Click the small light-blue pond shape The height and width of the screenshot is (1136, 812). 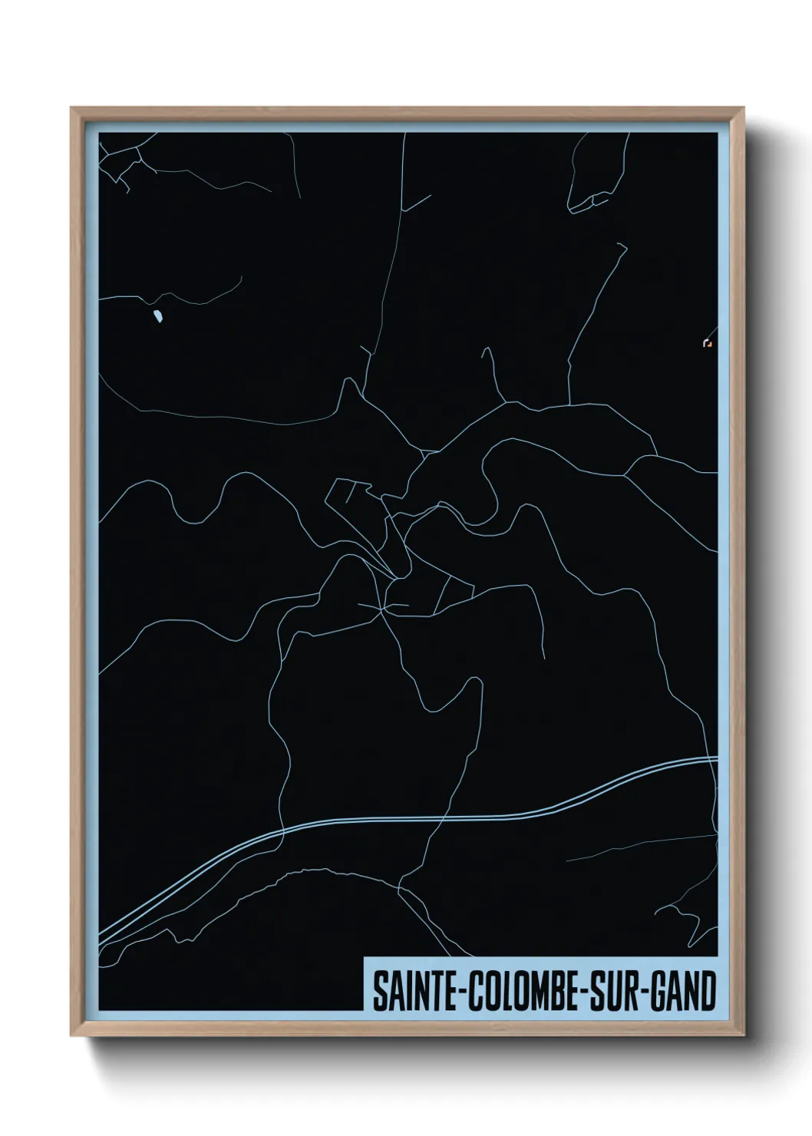(157, 315)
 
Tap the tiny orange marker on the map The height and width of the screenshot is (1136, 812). (707, 343)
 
